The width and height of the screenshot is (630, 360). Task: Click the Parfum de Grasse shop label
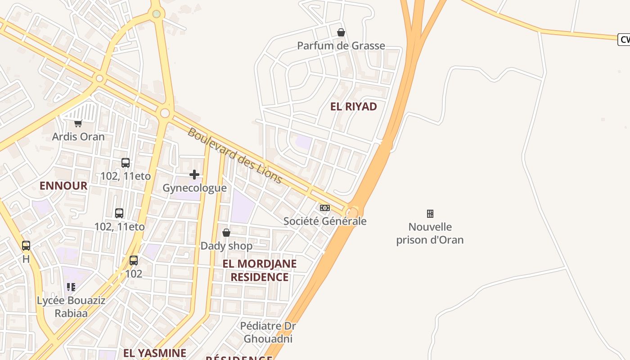coord(341,45)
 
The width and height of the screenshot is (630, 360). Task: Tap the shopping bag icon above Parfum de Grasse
coord(341,32)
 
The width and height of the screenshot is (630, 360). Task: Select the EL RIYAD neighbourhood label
coord(353,107)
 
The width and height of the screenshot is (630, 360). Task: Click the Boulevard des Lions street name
coord(234,156)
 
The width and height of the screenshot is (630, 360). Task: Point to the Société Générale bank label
coord(325,221)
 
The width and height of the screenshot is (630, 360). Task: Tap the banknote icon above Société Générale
coord(325,208)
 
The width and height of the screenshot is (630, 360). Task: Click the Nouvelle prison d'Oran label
coord(430,233)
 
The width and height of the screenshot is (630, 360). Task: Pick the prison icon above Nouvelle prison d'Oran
coord(430,213)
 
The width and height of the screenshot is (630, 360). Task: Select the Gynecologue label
coord(194,188)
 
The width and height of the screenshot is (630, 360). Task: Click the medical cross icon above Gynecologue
coord(194,175)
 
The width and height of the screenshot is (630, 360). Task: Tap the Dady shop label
coord(226,246)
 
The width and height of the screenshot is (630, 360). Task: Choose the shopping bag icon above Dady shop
coord(226,233)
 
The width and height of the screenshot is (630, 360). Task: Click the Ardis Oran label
coord(78,136)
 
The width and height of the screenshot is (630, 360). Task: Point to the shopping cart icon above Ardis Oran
coord(78,123)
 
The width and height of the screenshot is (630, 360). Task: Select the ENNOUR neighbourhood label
coord(63,186)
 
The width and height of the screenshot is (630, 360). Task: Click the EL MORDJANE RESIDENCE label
coord(260,270)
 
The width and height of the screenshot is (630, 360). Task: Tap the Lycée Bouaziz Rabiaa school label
coord(71,306)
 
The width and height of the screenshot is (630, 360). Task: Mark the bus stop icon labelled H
coord(26,246)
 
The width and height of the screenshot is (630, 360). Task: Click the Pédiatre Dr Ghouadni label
coord(268,332)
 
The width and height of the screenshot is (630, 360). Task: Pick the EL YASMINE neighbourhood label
coord(154,353)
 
